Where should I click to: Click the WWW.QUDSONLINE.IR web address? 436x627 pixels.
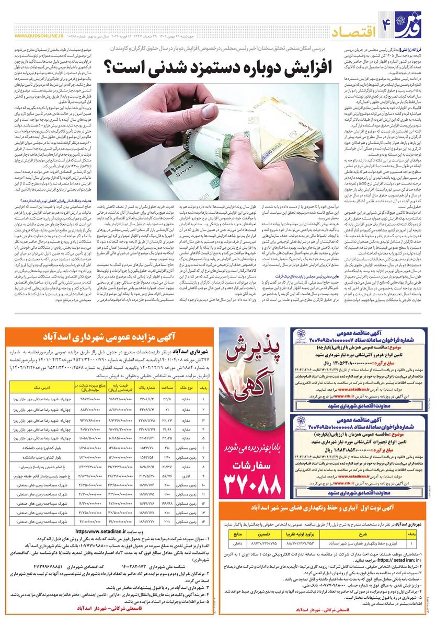pyautogui.click(x=39, y=36)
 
